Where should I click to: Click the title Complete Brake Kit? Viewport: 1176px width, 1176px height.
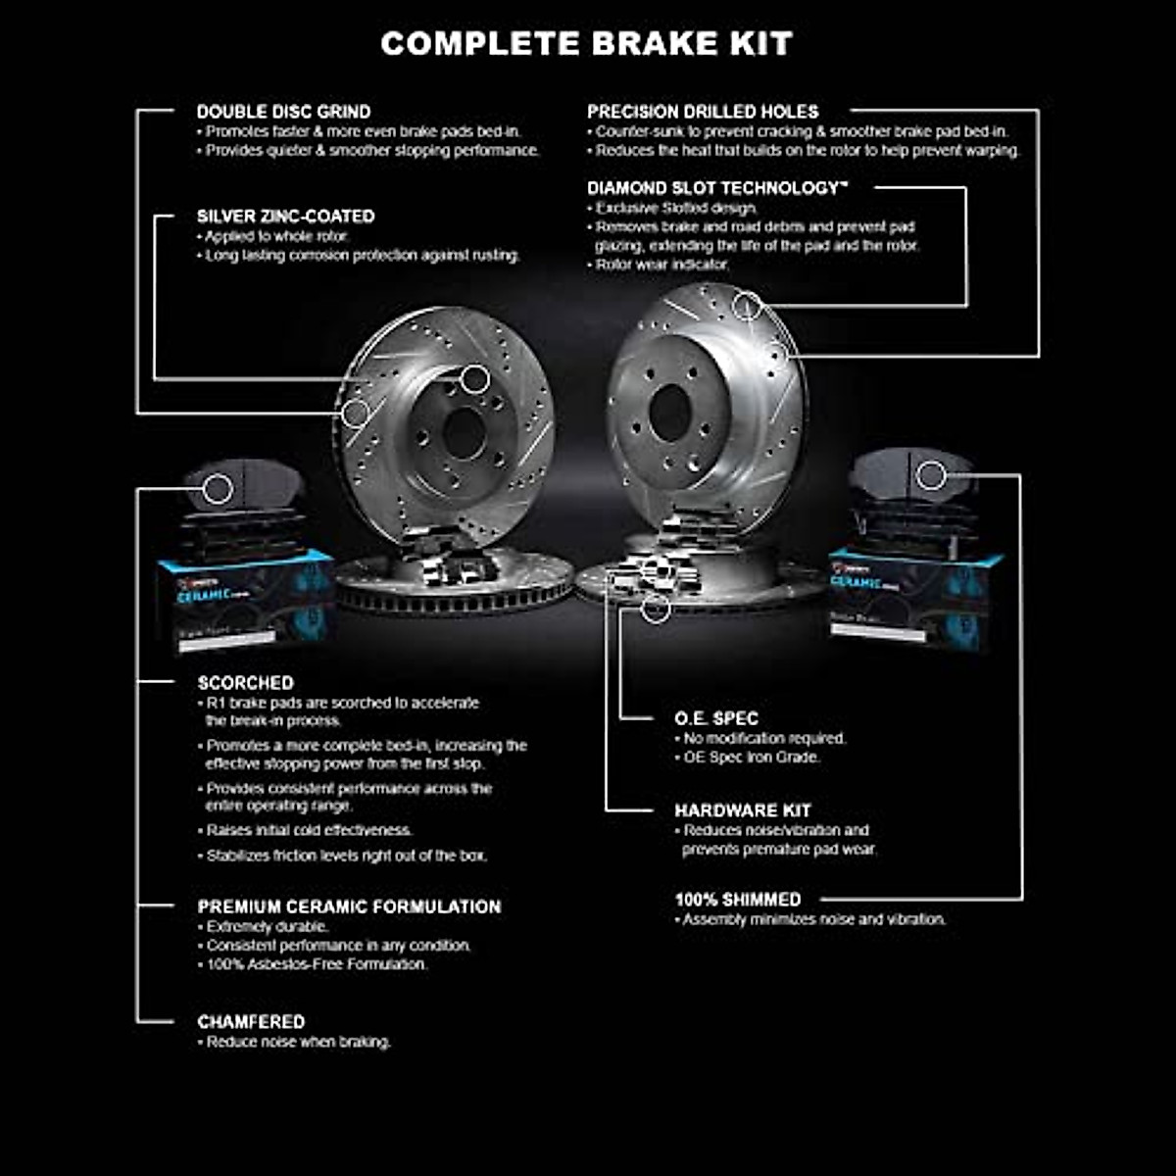pyautogui.click(x=586, y=43)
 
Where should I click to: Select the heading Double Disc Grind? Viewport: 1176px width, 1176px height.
pyautogui.click(x=283, y=112)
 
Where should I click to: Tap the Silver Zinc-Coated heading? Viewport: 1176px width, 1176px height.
pyautogui.click(x=285, y=217)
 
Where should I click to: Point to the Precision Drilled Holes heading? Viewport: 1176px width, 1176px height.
pyautogui.click(x=703, y=112)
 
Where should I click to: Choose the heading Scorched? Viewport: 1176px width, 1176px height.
pyautogui.click(x=245, y=683)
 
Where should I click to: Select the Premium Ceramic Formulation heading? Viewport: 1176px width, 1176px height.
pyautogui.click(x=349, y=906)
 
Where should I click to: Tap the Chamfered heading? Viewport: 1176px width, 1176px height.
pyautogui.click(x=251, y=1021)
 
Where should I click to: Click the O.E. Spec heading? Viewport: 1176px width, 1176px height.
pyautogui.click(x=716, y=718)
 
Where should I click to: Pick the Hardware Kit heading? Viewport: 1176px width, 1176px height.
pyautogui.click(x=742, y=810)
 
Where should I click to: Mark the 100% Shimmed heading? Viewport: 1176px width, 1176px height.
pyautogui.click(x=737, y=900)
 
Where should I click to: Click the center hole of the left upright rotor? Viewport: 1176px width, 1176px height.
pyautogui.click(x=463, y=432)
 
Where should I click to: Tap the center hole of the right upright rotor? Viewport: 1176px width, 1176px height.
pyautogui.click(x=670, y=413)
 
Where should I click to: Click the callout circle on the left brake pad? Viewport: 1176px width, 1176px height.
pyautogui.click(x=218, y=489)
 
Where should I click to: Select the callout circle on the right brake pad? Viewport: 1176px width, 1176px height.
pyautogui.click(x=931, y=476)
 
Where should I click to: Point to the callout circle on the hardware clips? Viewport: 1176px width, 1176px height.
pyautogui.click(x=657, y=609)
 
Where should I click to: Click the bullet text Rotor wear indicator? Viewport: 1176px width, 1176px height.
pyautogui.click(x=662, y=265)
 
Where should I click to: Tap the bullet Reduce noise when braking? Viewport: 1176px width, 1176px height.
pyautogui.click(x=298, y=1042)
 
